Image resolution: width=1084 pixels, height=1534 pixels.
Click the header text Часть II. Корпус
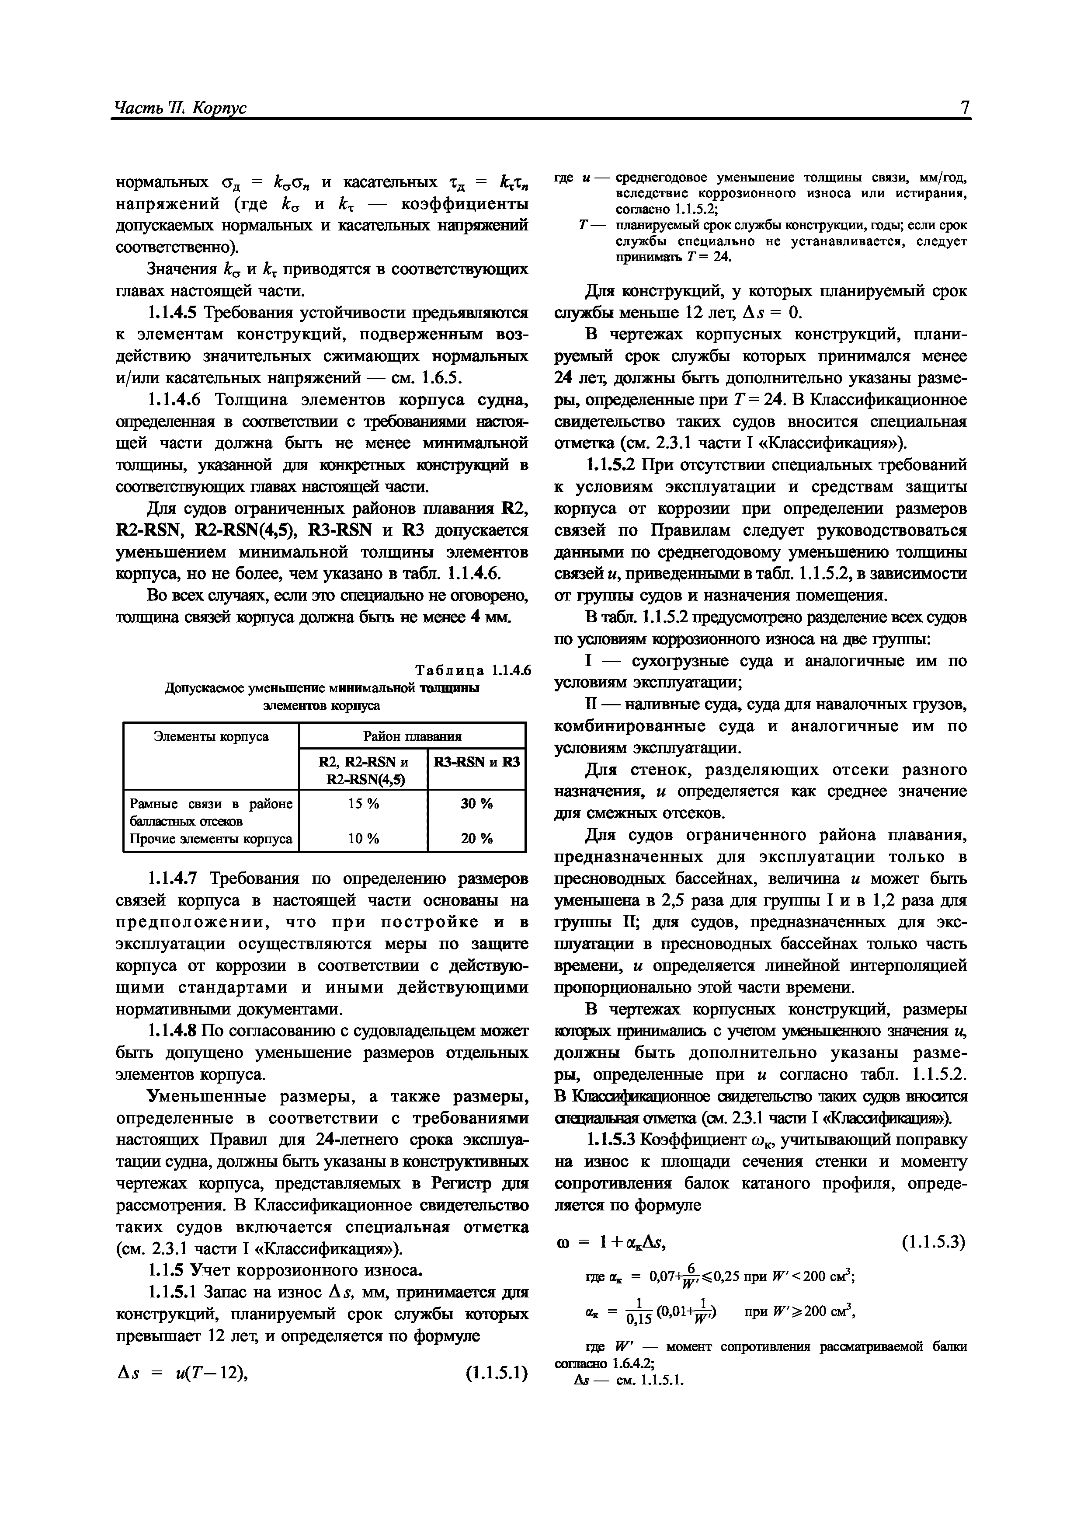(181, 108)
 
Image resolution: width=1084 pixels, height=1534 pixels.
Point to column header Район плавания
(412, 737)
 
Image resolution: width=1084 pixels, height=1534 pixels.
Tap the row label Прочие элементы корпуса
(210, 838)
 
